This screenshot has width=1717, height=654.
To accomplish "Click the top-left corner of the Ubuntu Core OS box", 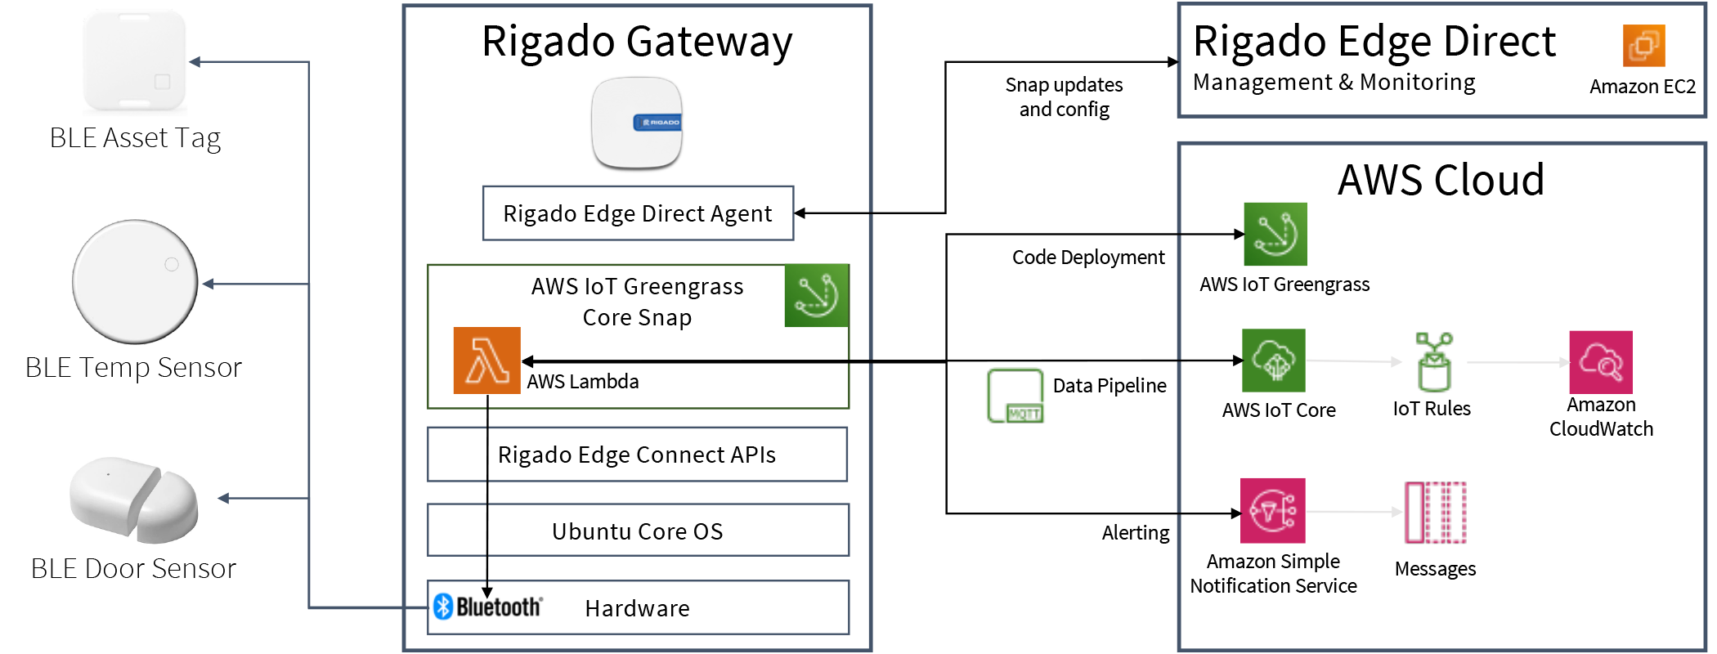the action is coord(428,504).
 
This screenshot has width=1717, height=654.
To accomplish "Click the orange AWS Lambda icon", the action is coord(487,361).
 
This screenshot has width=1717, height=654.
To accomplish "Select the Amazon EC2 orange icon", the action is coord(1644,45).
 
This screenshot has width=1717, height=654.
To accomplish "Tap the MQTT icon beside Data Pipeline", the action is coord(1015,396).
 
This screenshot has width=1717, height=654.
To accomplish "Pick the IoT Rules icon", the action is coord(1433,361).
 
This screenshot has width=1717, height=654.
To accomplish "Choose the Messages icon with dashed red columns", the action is coord(1436,513).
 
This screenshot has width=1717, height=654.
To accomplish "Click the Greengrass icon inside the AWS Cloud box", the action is coord(1275,234).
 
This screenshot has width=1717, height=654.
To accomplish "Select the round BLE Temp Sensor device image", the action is coord(135,282).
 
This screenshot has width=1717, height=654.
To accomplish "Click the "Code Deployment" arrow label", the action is coord(1088,258).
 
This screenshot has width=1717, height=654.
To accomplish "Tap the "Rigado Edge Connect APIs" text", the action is coord(637,455).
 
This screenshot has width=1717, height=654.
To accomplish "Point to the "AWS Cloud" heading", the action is coord(1441,180).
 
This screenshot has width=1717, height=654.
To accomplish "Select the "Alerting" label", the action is coord(1136,533).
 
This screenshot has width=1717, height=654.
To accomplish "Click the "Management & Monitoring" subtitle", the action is coord(1334,82).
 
